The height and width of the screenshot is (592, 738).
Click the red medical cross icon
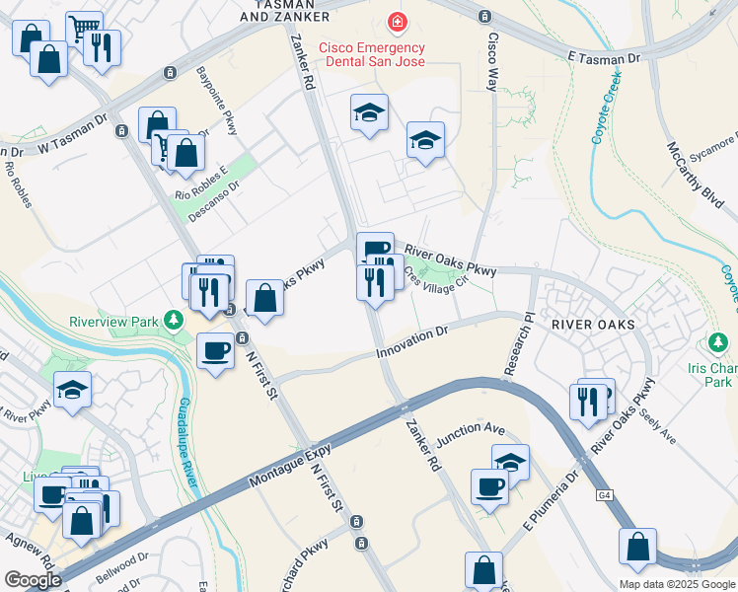[x=397, y=21]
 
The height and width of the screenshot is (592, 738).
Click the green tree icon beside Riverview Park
[x=175, y=320]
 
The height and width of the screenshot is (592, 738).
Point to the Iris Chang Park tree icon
[x=718, y=343]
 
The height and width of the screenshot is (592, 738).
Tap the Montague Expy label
[x=287, y=464]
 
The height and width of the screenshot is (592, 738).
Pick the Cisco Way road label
[x=490, y=58]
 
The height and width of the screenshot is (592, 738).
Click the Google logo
[x=33, y=580]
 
